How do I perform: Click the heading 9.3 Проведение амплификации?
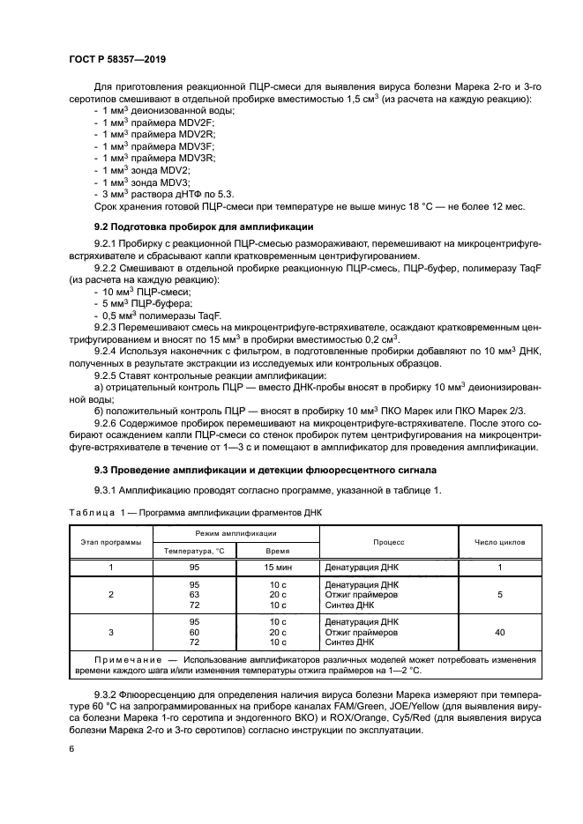(x=253, y=470)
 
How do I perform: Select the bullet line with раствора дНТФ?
(x=164, y=192)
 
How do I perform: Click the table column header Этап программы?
(x=111, y=542)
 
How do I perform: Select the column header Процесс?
(x=388, y=542)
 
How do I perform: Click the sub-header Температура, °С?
(x=195, y=550)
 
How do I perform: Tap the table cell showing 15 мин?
(x=278, y=568)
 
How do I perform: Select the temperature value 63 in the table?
(x=195, y=595)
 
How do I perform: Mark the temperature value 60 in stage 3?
(x=195, y=633)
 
